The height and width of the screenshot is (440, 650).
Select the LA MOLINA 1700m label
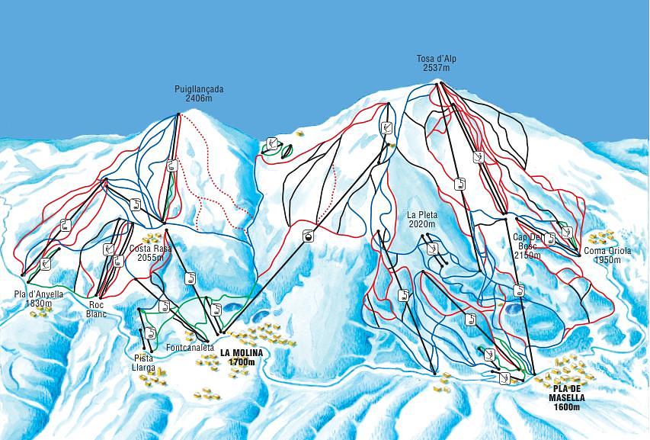[x=242, y=357]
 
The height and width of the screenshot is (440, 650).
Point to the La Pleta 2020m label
[x=421, y=220]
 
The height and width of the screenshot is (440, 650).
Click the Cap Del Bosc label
[x=527, y=246]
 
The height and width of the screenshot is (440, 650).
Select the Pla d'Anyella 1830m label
[x=38, y=298]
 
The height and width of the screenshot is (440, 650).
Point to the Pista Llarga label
[x=145, y=363]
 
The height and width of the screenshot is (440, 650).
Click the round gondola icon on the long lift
[x=309, y=236]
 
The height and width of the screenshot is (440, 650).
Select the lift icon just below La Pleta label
[x=431, y=249]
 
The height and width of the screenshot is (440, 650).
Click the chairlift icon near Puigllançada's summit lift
[x=172, y=165]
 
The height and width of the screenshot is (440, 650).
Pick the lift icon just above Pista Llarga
[x=150, y=332]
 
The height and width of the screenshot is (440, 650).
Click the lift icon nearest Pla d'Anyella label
[x=46, y=263]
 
